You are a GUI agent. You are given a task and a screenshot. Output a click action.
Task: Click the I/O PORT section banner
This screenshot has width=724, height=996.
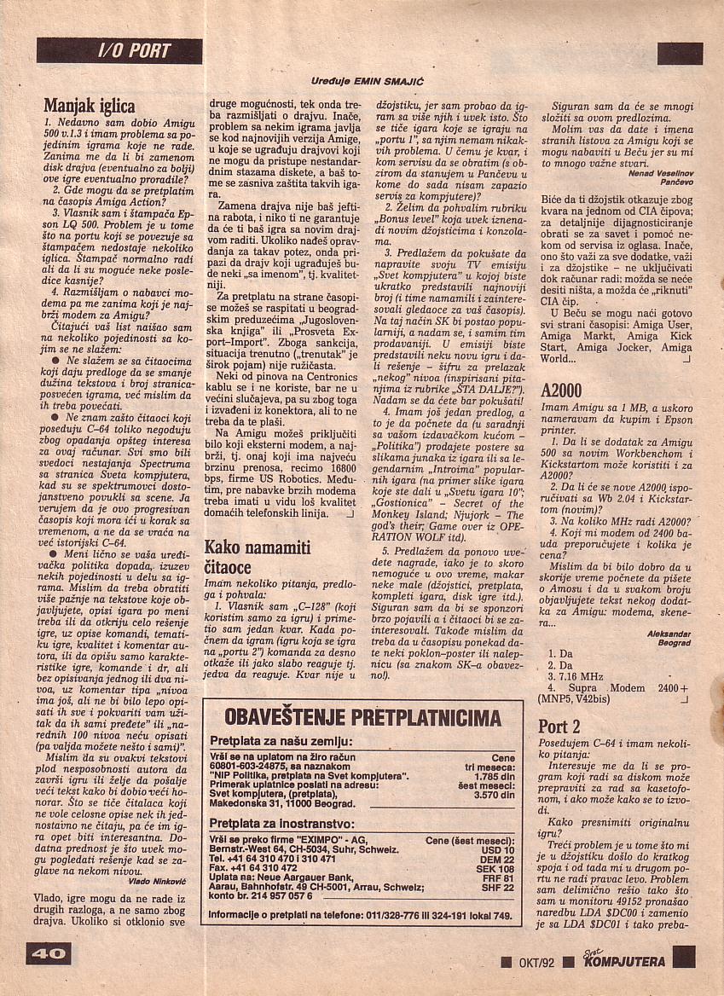click(119, 50)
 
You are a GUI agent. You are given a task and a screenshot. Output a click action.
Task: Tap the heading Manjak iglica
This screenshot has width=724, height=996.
click(90, 107)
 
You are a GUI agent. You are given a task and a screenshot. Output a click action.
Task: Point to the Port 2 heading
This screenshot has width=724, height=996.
click(559, 727)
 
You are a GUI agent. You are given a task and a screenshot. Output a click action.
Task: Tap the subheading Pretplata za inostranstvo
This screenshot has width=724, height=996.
click(281, 823)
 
